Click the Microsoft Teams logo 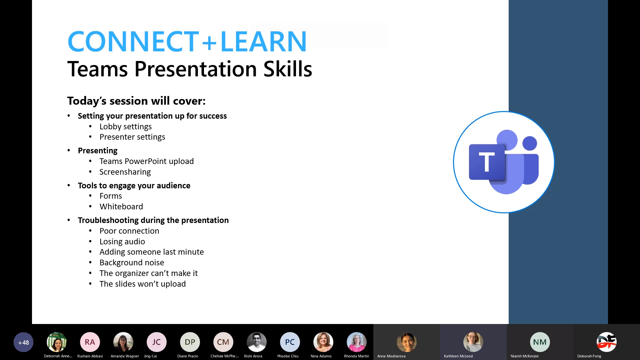(504, 162)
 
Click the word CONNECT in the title (133, 41)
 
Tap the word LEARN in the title (263, 41)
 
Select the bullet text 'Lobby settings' (125, 127)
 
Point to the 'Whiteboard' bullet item (121, 207)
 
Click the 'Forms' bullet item (111, 196)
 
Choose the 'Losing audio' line (122, 242)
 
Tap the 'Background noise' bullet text (132, 263)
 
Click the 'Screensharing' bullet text (125, 172)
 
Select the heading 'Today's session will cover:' (136, 101)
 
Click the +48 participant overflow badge (23, 342)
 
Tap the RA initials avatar (90, 342)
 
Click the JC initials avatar (157, 342)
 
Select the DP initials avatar (190, 342)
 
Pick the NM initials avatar (540, 342)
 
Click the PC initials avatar (290, 342)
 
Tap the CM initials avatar (223, 342)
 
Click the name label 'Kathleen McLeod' (458, 356)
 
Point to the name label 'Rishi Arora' (253, 356)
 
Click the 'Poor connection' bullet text (129, 231)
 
